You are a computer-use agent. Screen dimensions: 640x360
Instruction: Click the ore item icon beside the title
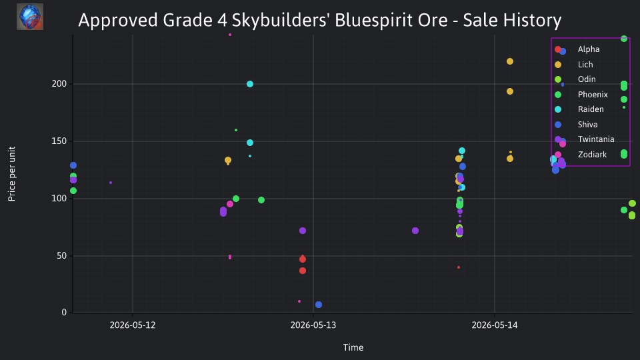tap(30, 17)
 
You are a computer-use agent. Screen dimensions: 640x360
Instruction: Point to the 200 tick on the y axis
tap(59, 84)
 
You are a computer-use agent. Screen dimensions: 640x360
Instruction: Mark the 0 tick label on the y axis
tap(64, 313)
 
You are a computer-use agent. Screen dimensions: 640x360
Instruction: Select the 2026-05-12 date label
tap(133, 325)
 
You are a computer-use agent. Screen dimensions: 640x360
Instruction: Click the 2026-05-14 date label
tap(495, 325)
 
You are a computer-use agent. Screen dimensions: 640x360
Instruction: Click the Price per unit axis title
tap(12, 174)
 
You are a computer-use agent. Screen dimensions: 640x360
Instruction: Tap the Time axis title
tap(353, 347)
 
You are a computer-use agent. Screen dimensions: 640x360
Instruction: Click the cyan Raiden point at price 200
tap(250, 84)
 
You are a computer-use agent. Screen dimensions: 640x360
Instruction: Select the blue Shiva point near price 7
tap(319, 305)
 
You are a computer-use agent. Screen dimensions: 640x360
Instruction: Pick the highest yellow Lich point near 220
tap(510, 61)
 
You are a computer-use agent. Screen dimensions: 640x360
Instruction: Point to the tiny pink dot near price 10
tap(299, 301)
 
